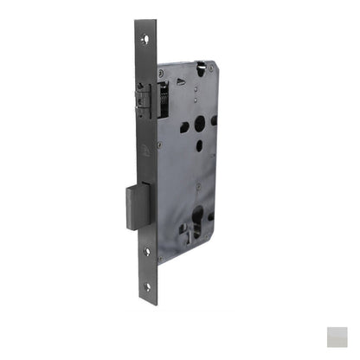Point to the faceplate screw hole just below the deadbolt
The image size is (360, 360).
(x=145, y=252)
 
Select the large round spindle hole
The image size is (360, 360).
(x=201, y=124)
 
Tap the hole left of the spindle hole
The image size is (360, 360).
(x=184, y=128)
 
